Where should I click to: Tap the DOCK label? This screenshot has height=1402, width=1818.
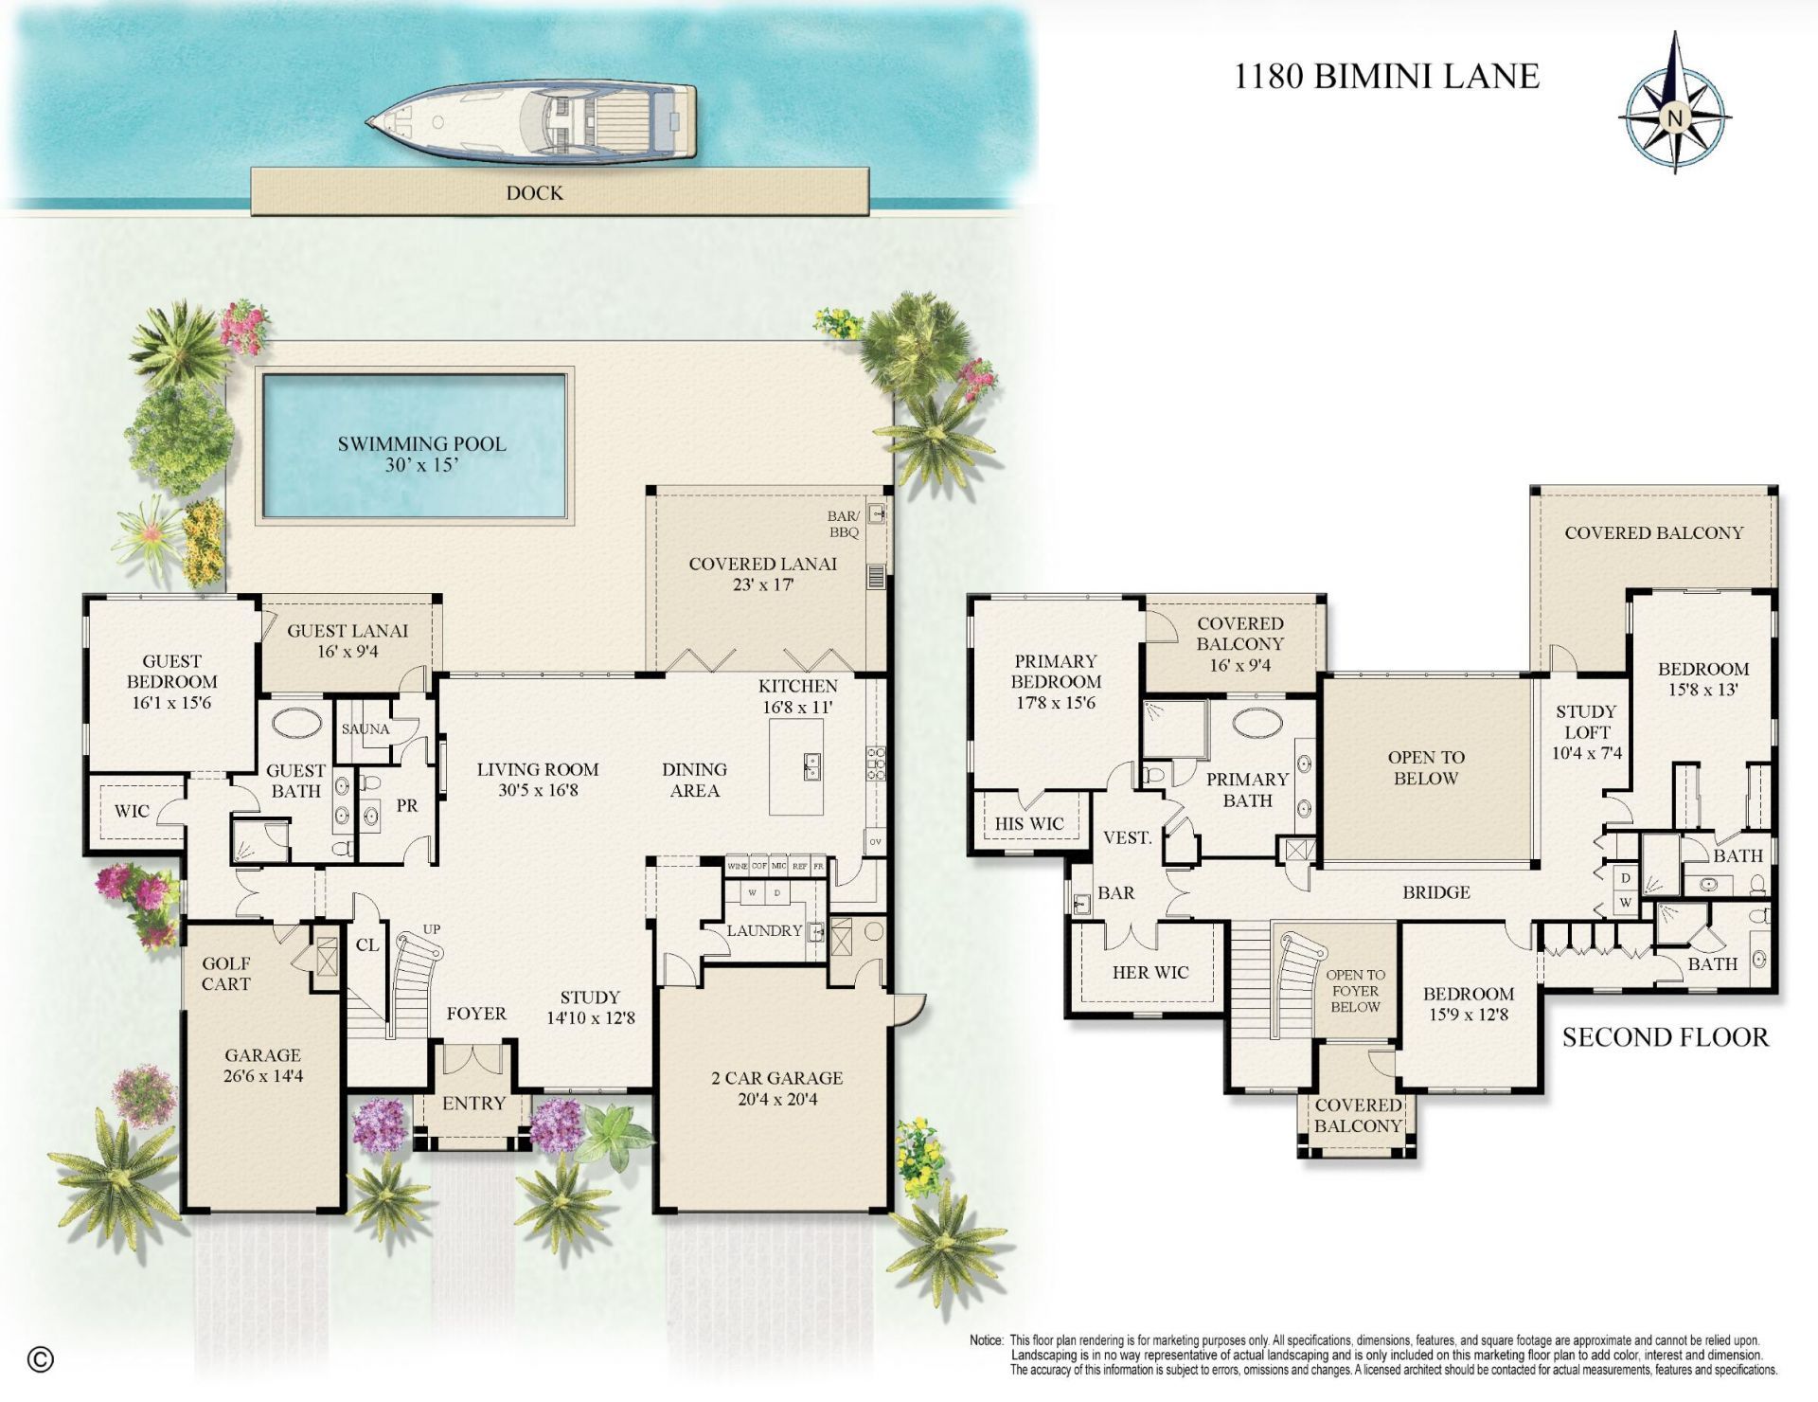(534, 193)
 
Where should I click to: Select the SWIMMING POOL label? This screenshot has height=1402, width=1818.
(421, 443)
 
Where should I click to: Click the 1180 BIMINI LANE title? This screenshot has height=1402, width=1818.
(1386, 76)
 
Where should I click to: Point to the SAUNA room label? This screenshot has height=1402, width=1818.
(365, 728)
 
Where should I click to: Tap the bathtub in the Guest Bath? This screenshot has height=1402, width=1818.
(296, 723)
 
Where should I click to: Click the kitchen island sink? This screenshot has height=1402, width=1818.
(811, 765)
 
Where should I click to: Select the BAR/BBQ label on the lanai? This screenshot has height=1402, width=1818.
(843, 524)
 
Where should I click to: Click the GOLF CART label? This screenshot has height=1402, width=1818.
(225, 974)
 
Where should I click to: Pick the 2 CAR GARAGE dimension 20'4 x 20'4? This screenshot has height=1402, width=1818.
(776, 1100)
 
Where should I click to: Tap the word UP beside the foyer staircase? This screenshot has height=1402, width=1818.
(432, 928)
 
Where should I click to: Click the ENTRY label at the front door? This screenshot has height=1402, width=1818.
(473, 1103)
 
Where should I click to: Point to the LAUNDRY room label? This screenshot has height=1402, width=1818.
(763, 930)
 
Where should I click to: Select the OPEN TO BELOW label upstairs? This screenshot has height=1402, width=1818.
(1426, 767)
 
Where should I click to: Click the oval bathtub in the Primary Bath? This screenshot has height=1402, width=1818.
(1257, 722)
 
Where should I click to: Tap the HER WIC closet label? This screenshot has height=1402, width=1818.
(1150, 972)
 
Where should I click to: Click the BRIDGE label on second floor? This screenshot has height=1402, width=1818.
(1436, 891)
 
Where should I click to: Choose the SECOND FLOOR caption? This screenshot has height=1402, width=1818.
(1665, 1037)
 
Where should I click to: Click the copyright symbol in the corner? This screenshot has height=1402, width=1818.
(40, 1359)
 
